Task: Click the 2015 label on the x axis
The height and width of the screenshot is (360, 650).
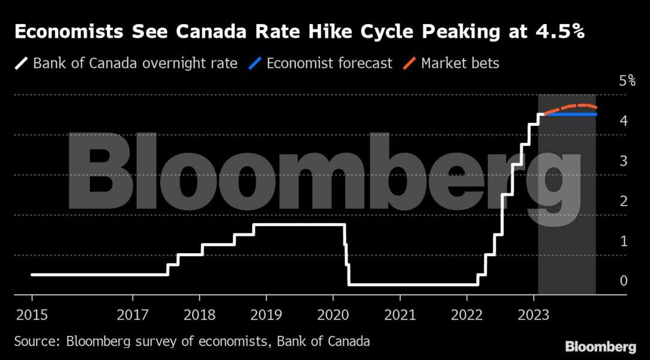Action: point(32,314)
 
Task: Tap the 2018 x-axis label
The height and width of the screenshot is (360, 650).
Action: point(199,314)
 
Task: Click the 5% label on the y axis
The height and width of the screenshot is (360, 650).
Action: point(627,81)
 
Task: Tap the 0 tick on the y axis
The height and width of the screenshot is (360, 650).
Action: point(624,281)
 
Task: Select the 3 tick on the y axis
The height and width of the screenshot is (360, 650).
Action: point(624,161)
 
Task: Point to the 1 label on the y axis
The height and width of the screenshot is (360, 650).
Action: point(624,241)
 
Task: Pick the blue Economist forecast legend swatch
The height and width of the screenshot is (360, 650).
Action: point(255,63)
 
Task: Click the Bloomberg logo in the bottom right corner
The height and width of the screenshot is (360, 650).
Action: point(600,347)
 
